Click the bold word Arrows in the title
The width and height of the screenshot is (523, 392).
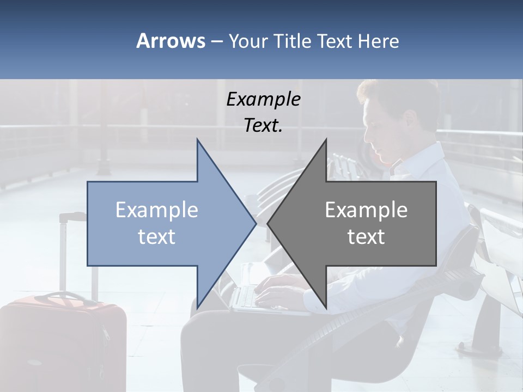171,41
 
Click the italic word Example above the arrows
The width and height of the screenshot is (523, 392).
263,99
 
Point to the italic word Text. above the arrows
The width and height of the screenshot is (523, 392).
263,126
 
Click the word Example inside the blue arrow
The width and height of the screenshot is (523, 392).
157,210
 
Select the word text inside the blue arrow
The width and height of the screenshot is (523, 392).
157,237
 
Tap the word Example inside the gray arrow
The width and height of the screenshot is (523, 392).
366,210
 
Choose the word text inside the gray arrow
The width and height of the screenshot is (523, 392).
366,237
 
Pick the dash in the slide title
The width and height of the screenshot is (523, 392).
216,42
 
